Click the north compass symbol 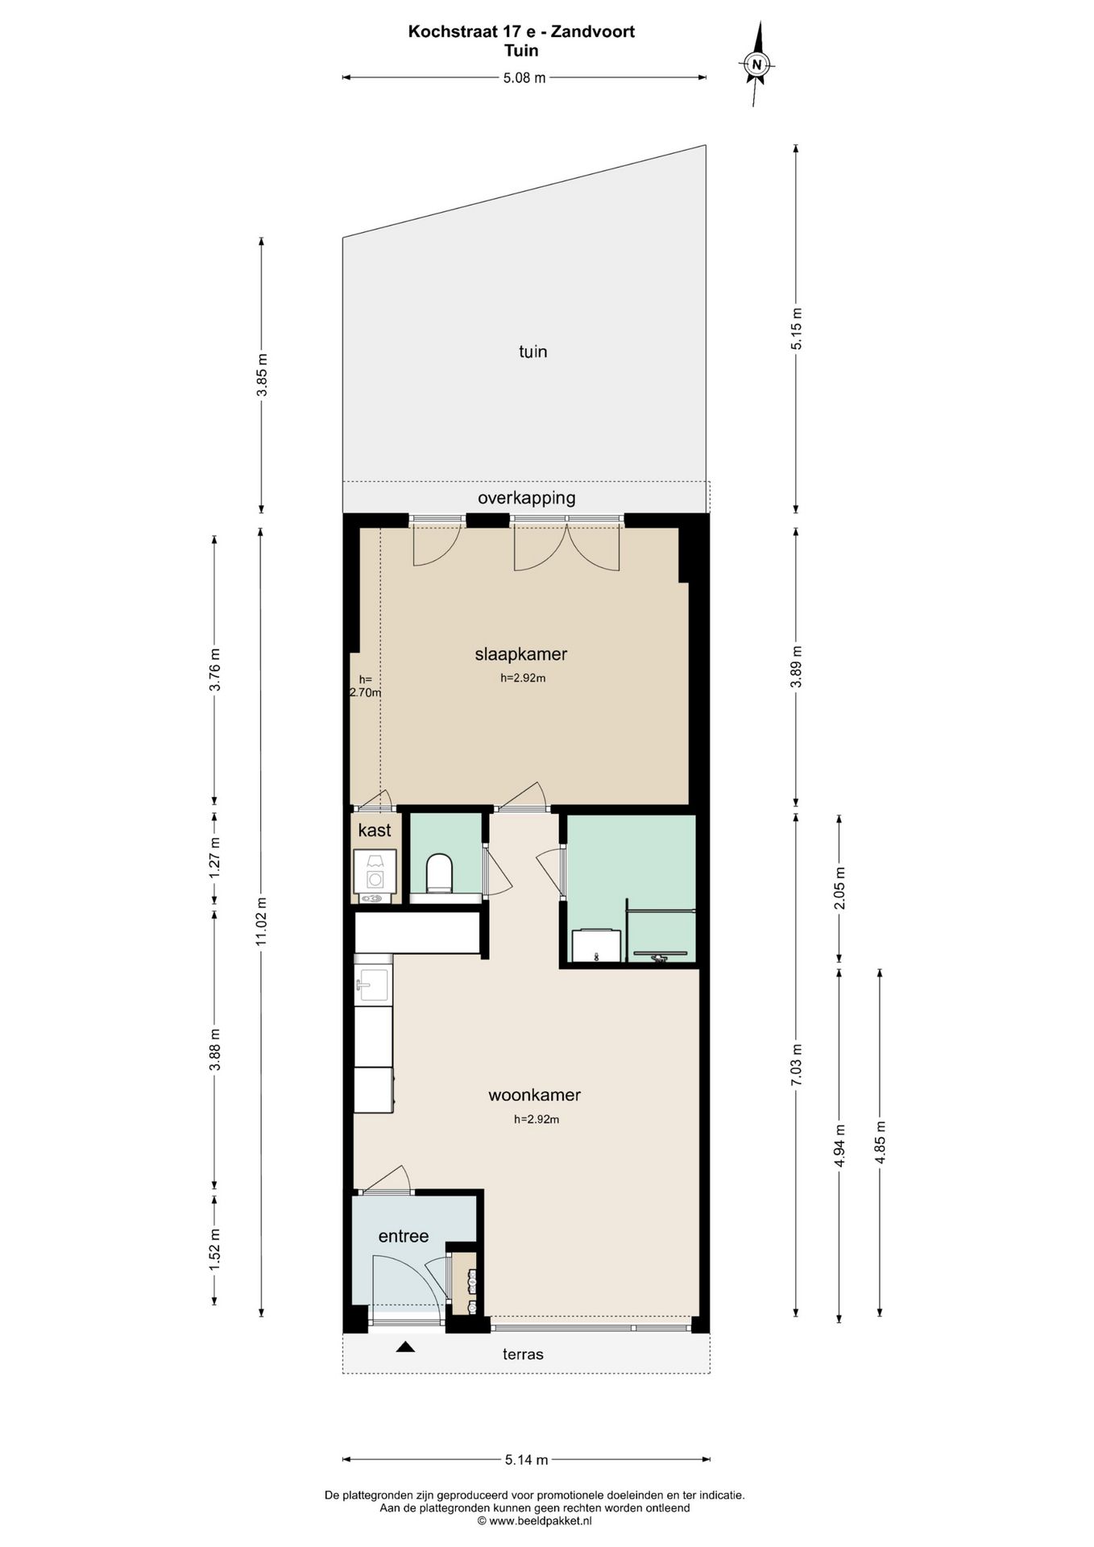point(756,64)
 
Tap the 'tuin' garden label point(533,351)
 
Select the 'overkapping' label point(527,498)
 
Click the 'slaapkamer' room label point(521,654)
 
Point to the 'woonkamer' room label point(534,1095)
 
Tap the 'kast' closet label point(375,830)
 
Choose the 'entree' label point(404,1236)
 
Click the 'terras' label point(524,1354)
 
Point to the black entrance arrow point(405,1346)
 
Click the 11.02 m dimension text point(260,922)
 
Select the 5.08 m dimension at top point(524,78)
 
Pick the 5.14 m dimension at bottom point(526,1459)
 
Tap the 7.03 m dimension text point(797,1064)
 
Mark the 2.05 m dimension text point(839,888)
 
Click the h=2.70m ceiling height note point(364,686)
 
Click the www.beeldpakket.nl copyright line point(535,1521)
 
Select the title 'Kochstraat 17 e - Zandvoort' point(521,31)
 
